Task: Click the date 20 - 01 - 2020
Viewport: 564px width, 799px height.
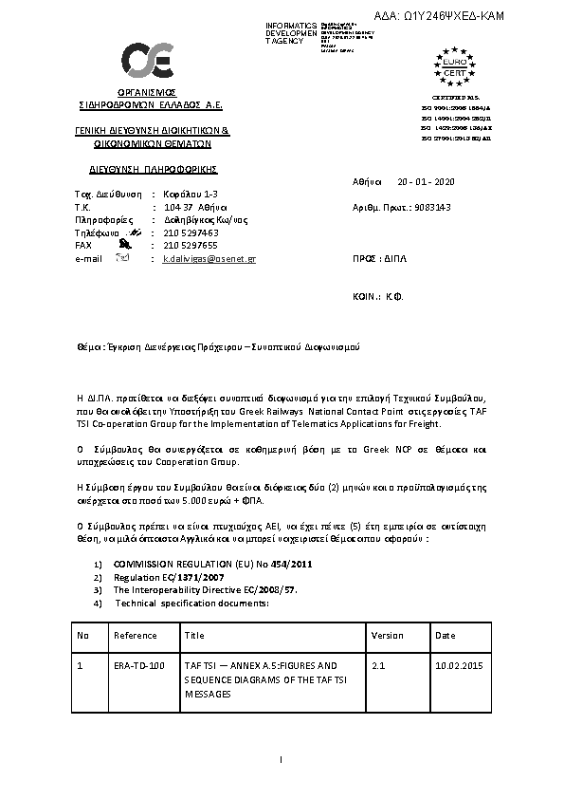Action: point(427,180)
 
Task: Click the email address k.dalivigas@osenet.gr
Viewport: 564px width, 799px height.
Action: point(209,258)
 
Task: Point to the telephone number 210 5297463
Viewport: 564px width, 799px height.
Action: point(191,232)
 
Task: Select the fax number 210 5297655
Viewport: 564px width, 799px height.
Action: point(191,245)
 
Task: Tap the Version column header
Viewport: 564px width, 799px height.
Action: point(387,635)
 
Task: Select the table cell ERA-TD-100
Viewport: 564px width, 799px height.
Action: point(138,666)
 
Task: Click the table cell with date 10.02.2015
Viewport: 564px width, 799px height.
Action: point(459,666)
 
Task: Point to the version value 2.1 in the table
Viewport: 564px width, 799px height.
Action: point(379,666)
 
